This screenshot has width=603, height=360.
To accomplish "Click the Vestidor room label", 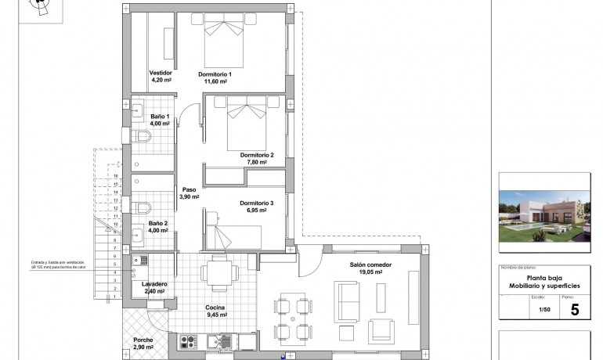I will [161, 73].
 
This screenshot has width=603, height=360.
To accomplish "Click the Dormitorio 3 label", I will [257, 203].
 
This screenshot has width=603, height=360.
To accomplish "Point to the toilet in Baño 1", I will [143, 139].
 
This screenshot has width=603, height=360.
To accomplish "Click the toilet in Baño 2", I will [143, 208].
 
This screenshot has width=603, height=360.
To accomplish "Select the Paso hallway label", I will [189, 189].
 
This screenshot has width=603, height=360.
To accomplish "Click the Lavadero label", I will [154, 284].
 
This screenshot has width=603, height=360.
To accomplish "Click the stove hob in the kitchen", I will [188, 340].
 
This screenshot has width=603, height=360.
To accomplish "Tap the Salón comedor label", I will [370, 265].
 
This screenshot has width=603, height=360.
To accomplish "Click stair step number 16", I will [115, 176].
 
